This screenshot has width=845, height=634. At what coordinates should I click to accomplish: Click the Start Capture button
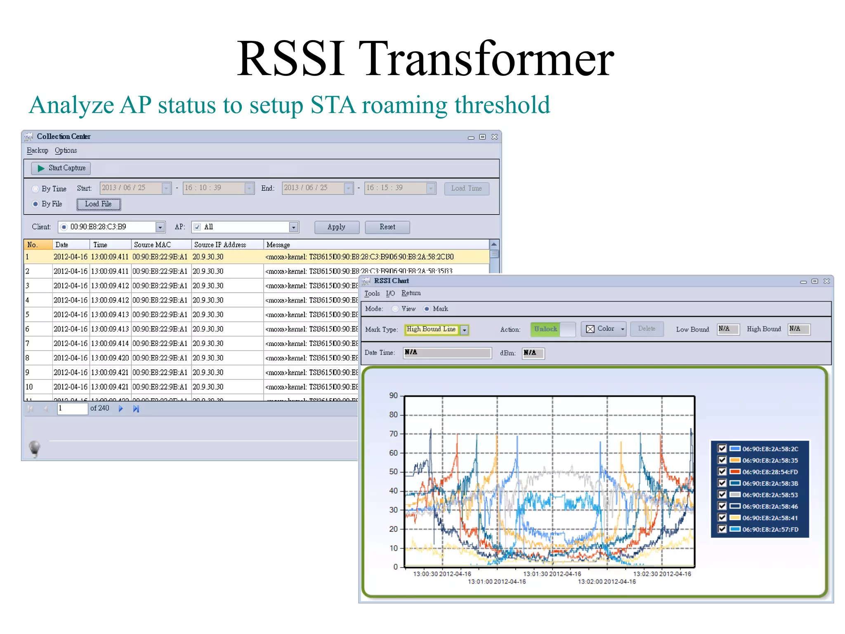pyautogui.click(x=61, y=168)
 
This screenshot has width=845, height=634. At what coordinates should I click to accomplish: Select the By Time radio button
pyautogui.click(x=35, y=189)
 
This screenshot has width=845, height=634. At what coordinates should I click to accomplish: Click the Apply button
pyautogui.click(x=336, y=227)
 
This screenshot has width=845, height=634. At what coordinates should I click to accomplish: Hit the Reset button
pyautogui.click(x=387, y=227)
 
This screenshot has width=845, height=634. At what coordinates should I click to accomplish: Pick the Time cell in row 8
pyautogui.click(x=110, y=358)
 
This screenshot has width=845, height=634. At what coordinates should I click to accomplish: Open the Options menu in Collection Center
pyautogui.click(x=66, y=151)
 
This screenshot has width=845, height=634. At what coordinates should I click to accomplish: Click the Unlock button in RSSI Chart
pyautogui.click(x=545, y=329)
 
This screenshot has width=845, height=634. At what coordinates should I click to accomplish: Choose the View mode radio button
pyautogui.click(x=395, y=309)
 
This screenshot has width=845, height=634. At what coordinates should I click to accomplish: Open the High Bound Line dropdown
pyautogui.click(x=465, y=330)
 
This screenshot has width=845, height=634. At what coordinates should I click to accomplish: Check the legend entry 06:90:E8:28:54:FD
pyautogui.click(x=722, y=472)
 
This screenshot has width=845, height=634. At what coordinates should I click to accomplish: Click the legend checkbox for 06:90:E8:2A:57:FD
pyautogui.click(x=722, y=529)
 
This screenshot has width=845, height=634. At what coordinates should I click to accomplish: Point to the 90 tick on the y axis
pyautogui.click(x=393, y=395)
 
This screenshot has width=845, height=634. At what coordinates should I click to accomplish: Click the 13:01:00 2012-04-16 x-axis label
pyautogui.click(x=497, y=582)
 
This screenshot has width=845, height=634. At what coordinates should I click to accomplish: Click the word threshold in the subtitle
pyautogui.click(x=502, y=105)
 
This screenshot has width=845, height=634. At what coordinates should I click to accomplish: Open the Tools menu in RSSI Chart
pyautogui.click(x=372, y=293)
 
